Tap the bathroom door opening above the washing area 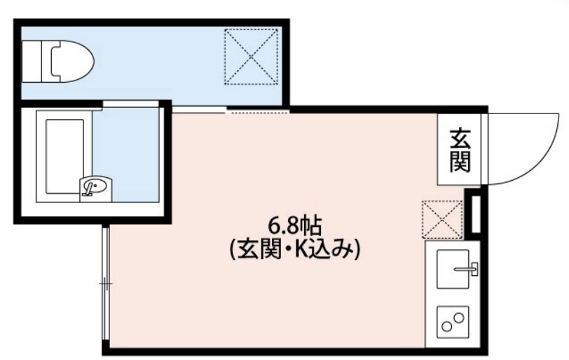coord(130,105)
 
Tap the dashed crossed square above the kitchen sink coord(442,219)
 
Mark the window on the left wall coord(104,284)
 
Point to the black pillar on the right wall coord(476,214)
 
